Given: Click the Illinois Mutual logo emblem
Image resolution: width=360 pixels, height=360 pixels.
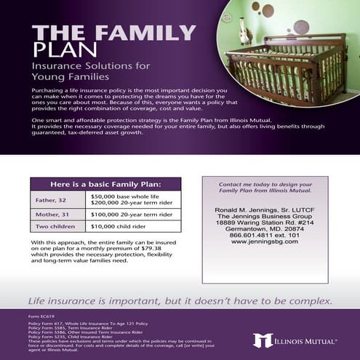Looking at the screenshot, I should (x=263, y=340).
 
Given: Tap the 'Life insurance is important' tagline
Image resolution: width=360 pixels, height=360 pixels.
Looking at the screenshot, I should (x=180, y=300).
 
